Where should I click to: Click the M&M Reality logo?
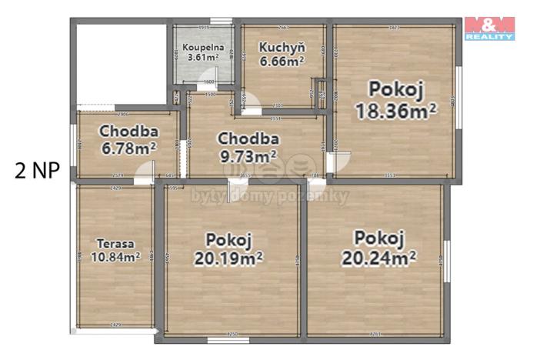click(x=489, y=28)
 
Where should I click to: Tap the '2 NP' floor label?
click(x=36, y=170)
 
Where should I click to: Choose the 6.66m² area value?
click(x=280, y=62)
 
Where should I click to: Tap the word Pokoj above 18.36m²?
click(x=395, y=88)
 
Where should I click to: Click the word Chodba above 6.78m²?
click(x=128, y=131)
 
